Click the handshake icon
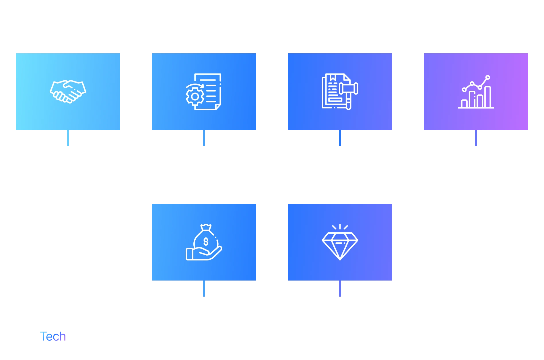tap(68, 92)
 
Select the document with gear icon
tap(203, 92)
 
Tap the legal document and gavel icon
tap(340, 92)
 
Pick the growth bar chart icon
tap(476, 92)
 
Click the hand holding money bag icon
tap(204, 242)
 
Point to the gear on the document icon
tap(195, 96)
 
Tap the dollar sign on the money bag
tap(206, 242)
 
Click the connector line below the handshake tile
tap(68, 139)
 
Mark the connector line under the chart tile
tap(476, 139)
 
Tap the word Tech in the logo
tap(53, 336)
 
